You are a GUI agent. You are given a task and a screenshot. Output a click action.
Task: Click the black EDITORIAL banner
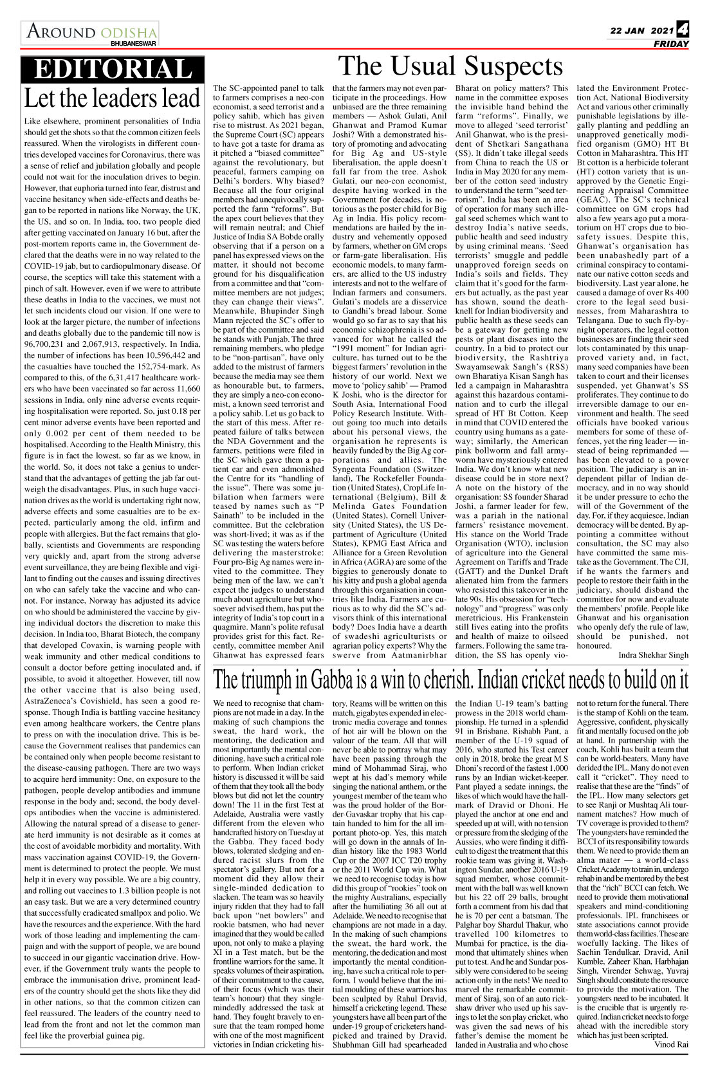point(113,69)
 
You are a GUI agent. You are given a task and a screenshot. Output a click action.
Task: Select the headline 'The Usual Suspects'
point(450,66)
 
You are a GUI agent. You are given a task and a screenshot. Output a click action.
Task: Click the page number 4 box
point(683,30)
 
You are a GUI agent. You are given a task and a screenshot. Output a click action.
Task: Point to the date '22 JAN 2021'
point(642,31)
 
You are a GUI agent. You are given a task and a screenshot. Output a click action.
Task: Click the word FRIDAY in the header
point(671,44)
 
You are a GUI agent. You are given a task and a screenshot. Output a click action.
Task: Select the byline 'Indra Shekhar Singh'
point(653,654)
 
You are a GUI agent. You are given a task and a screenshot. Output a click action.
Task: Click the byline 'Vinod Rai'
point(671,1044)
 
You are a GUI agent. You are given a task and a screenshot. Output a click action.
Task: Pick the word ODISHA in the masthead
point(129,32)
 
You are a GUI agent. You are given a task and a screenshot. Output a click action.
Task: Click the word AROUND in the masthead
point(60,32)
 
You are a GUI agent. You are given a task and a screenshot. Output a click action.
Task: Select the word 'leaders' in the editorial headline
point(118,98)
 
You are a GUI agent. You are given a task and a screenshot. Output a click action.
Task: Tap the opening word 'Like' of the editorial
point(33,121)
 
